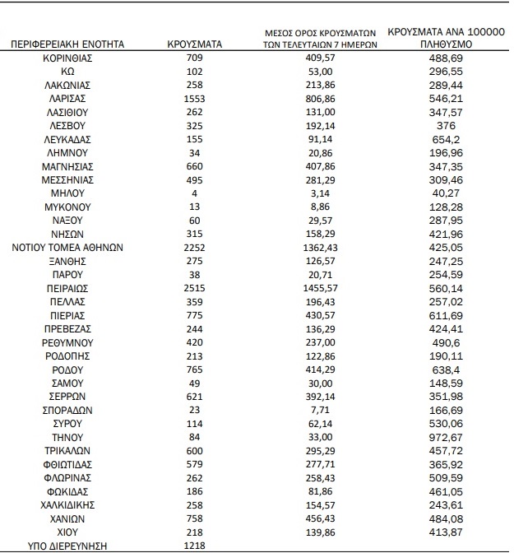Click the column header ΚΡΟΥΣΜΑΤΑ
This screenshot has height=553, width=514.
coord(195,44)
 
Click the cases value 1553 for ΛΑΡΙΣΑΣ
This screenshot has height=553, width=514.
coord(195,98)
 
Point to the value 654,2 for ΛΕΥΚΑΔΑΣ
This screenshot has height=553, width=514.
coord(446,139)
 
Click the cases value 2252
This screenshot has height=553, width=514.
coord(195,248)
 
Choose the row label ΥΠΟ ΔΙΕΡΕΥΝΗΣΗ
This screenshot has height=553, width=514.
coord(69,546)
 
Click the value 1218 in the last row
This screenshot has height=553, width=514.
coord(195,546)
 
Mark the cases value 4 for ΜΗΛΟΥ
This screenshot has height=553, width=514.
coord(195,193)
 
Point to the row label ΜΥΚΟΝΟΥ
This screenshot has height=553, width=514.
coord(69,207)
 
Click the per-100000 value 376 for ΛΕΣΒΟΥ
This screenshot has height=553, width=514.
coord(446,125)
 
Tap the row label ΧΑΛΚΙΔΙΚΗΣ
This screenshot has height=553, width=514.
coord(69,505)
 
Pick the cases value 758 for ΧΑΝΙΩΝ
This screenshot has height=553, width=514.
coord(195,518)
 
